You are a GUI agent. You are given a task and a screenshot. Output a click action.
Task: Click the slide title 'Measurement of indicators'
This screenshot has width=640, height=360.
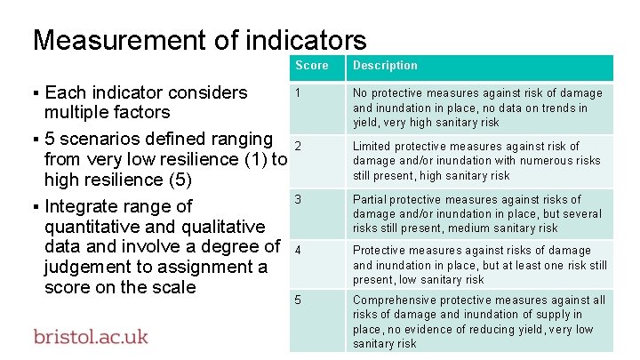(x=199, y=40)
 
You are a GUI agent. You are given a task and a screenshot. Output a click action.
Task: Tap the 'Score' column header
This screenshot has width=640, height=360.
(x=311, y=66)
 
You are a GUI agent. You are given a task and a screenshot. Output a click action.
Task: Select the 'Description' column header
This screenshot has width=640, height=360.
(x=385, y=66)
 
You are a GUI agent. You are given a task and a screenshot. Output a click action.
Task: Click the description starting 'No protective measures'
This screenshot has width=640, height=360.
(x=477, y=108)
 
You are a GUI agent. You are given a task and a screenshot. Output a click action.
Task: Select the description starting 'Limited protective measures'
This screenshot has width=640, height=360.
(x=476, y=161)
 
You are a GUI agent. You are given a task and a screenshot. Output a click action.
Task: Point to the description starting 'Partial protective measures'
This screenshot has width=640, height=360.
(x=476, y=214)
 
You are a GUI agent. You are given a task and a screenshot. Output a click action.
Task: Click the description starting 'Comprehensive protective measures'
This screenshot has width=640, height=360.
(x=478, y=322)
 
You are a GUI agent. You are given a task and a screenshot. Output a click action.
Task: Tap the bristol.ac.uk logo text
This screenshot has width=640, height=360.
(x=91, y=337)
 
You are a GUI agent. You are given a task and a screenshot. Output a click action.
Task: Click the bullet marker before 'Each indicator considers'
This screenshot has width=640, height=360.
(x=36, y=93)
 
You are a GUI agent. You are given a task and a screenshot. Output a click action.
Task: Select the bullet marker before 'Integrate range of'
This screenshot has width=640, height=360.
(x=36, y=208)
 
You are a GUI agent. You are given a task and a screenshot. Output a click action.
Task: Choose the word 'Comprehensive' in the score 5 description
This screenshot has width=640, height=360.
(x=396, y=300)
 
